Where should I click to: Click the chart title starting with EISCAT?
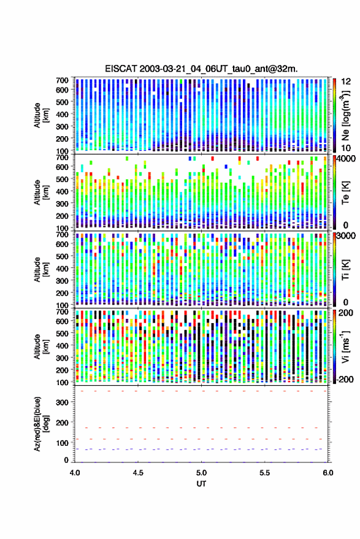201,69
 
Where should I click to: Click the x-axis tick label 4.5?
138,473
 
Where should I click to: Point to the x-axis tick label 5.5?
264,473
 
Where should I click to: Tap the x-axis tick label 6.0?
327,473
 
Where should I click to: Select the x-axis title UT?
201,484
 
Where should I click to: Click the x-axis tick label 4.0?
75,473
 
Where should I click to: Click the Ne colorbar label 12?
347,82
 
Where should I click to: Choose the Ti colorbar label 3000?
346,236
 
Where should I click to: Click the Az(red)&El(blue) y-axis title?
40,424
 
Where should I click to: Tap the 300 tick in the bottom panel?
62,402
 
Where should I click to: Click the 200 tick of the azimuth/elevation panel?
62,422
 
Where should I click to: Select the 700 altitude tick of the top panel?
62,80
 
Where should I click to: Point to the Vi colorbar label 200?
346,313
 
